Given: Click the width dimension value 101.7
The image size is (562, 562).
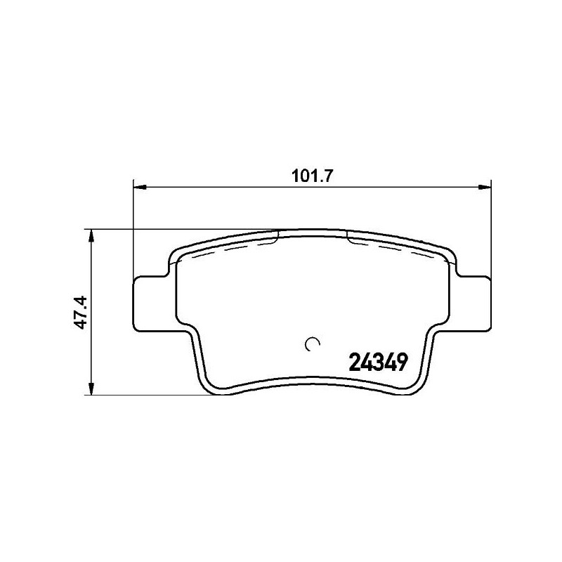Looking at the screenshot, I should point(311,176).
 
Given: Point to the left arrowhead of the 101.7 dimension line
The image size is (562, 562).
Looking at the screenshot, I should point(138,187).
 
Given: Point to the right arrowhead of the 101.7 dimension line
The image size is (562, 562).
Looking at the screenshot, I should point(485,187).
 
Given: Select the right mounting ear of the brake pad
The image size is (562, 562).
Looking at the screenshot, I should point(475,303).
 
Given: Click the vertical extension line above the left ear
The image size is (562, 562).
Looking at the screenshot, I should point(133,232).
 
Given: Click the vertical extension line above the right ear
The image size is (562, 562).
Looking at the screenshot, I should point(490,232).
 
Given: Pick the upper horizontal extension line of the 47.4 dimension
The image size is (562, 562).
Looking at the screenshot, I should point(176,229).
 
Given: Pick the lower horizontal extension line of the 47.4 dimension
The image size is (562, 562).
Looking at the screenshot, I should point(140,393).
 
